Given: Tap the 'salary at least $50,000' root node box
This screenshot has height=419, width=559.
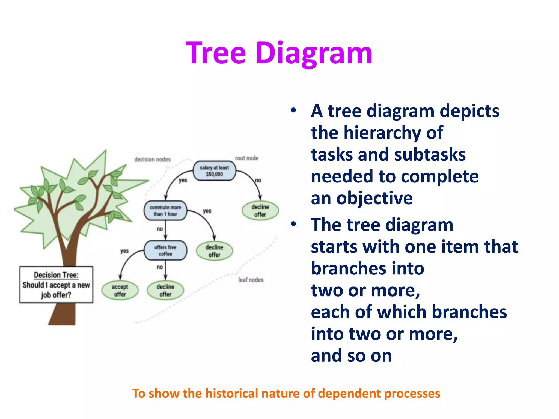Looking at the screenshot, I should (214, 171).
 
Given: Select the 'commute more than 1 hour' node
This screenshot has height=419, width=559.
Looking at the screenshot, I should (165, 211).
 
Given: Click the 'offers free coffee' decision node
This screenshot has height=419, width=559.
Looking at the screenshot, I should (165, 250).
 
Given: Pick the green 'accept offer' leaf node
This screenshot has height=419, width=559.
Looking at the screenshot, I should (120, 290).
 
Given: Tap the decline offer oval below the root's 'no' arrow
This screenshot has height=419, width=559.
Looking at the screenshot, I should (260, 211).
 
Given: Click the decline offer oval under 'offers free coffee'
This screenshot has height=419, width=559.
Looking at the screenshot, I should (165, 290).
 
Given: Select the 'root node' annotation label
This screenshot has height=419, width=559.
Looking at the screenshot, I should (246, 158).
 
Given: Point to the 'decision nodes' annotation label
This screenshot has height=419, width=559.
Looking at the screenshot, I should (152, 160).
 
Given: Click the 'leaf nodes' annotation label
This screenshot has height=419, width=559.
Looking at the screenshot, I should (251, 280).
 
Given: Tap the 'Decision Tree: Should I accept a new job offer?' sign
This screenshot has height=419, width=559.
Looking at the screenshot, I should (56, 285).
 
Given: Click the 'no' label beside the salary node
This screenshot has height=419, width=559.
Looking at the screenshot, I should (258, 180).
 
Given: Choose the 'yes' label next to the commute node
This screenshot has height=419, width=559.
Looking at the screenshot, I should (207, 211).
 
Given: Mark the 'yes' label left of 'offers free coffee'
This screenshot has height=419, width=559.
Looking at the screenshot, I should (124, 251).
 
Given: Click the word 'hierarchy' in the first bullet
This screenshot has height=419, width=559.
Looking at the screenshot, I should (382, 133).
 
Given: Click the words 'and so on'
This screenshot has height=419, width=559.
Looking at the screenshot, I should (351, 356).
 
